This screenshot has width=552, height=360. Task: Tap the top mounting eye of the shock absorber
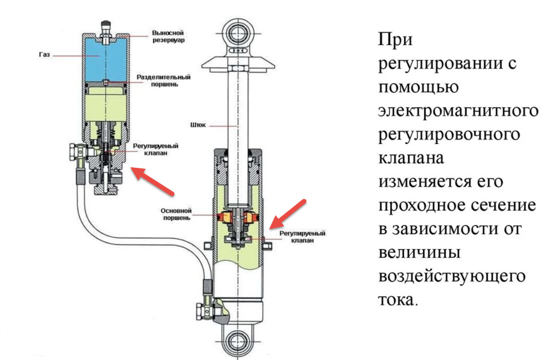(238, 33)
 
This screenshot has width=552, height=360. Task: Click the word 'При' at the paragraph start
(395, 40)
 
